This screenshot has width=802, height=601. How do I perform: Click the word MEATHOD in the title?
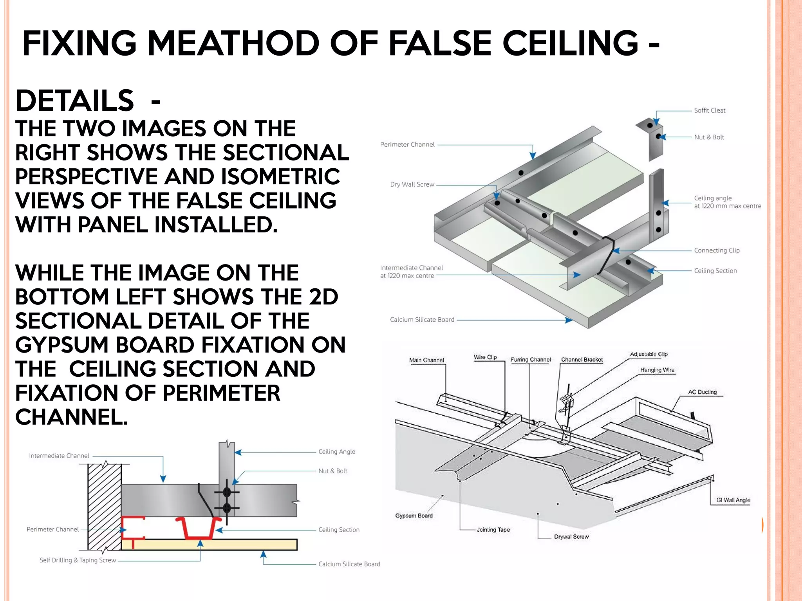pos(233,43)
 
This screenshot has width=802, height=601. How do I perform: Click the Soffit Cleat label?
pos(710,111)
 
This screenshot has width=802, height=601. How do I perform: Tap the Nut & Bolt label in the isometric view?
pos(709,137)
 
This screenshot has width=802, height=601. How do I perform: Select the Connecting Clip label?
pos(717,250)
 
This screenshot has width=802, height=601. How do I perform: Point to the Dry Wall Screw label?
pos(412,184)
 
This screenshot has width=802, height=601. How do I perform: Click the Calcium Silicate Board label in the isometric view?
pos(422,320)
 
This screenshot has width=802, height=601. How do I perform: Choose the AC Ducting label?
pos(703,392)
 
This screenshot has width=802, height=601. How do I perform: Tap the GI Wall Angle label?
pos(733,500)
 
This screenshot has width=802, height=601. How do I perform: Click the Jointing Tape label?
pos(493,530)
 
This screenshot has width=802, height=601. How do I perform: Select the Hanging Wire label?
pos(657,370)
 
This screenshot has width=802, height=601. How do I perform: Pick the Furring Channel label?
pos(530,360)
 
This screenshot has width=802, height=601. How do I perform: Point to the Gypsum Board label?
pos(414,516)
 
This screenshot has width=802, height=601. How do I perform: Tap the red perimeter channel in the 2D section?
pos(129,528)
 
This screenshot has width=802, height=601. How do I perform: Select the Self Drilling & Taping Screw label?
pos(78,560)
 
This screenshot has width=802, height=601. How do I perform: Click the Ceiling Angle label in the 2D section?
pos(336,452)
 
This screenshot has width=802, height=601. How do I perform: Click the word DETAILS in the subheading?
pos(74,101)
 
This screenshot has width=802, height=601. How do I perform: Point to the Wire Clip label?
pos(485,357)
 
